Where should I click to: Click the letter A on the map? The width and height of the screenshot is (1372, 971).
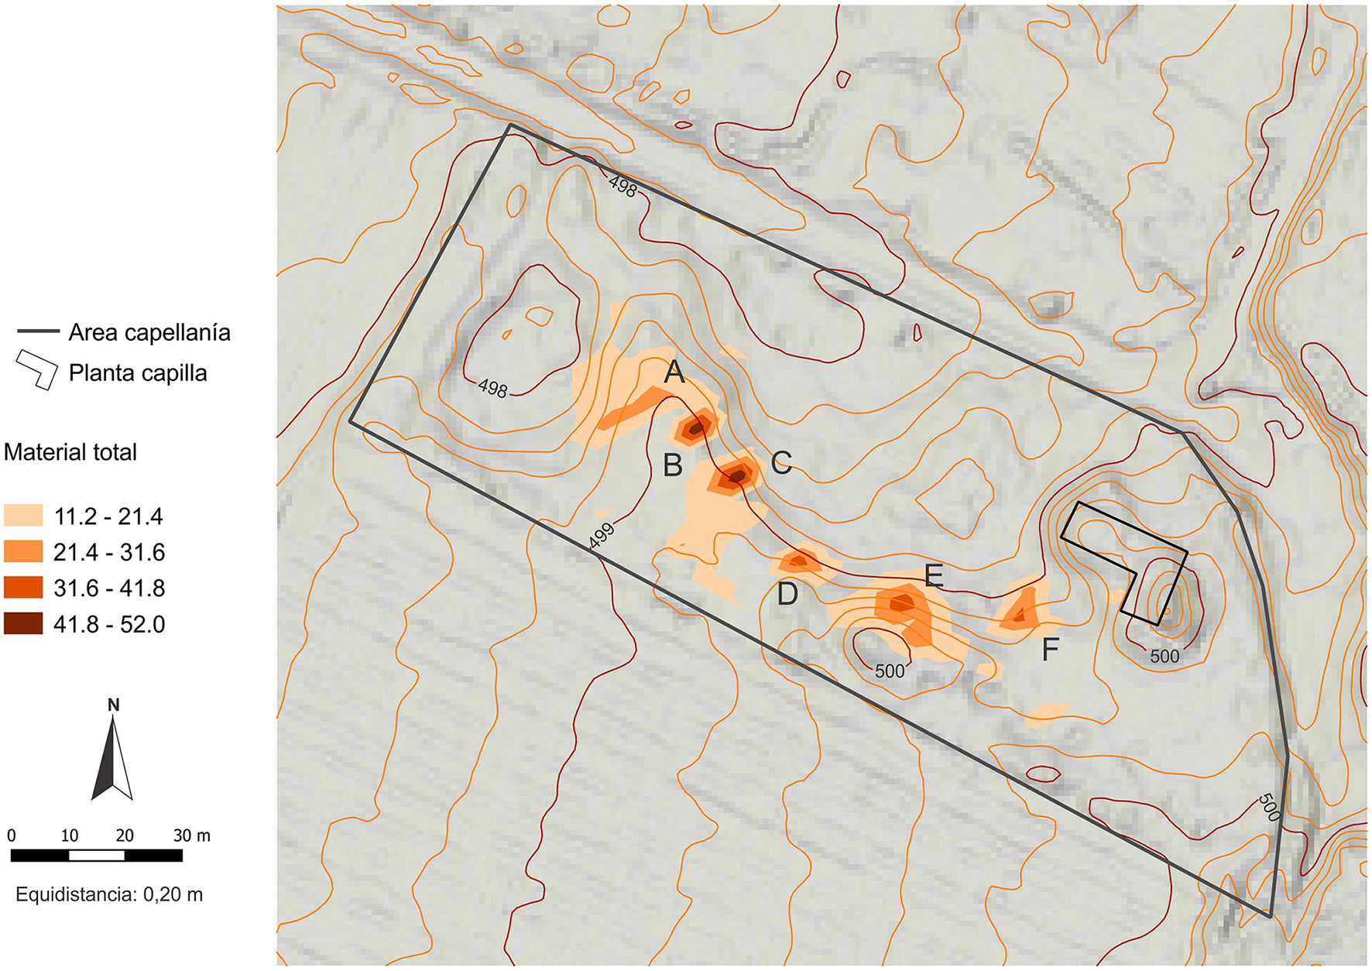[674, 373]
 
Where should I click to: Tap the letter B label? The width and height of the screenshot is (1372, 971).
[673, 465]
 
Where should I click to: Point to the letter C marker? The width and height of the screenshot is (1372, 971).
[781, 463]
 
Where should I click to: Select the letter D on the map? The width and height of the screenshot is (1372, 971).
[787, 594]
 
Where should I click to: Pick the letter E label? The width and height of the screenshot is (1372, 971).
[934, 576]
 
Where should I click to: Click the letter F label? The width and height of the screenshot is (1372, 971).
[1050, 650]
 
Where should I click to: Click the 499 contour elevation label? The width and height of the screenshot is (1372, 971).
[602, 536]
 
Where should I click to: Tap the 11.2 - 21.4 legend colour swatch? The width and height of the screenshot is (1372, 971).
[23, 516]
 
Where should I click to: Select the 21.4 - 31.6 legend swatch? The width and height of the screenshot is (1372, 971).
[23, 552]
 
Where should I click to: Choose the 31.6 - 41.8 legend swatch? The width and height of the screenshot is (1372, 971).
[23, 588]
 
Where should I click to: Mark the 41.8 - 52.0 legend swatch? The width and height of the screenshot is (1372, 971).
[23, 623]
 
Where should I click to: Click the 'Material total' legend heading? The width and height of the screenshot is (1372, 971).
[70, 452]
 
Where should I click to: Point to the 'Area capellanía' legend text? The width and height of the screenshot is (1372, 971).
[149, 333]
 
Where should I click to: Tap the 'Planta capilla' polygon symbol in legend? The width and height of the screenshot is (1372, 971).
[37, 371]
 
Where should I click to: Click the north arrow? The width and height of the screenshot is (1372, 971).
[113, 755]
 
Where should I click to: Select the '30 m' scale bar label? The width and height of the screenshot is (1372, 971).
[191, 835]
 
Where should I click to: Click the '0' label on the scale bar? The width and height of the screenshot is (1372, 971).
[12, 835]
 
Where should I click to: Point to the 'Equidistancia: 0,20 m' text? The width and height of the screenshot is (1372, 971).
[109, 894]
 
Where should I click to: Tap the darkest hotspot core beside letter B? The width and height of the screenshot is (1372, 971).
[697, 427]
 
